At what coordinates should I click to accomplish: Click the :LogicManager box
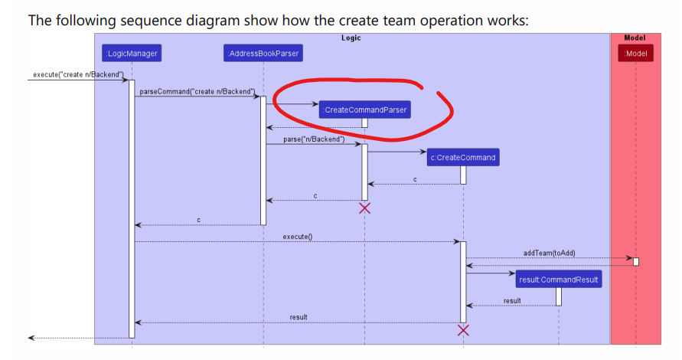pos(132,54)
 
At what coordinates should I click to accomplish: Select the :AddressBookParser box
pos(263,54)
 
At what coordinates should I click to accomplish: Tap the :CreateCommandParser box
pos(365,110)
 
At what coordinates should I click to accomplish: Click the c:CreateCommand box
pos(463,158)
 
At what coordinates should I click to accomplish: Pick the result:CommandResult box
pos(559,280)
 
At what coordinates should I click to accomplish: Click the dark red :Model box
pos(635,54)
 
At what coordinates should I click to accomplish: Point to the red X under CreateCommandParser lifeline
pos(365,208)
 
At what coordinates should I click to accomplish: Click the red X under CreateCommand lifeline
pos(463,330)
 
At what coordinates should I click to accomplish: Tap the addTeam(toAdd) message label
pos(549,253)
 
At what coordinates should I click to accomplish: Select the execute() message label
pos(298,237)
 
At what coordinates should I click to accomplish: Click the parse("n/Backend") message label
pos(314,139)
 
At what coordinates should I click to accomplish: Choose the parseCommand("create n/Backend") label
pos(197,92)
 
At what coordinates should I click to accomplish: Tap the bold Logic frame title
pos(351,38)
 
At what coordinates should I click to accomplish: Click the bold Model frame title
pos(635,38)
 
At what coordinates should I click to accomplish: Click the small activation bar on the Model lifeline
pos(635,262)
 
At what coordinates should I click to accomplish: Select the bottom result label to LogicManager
pos(299,317)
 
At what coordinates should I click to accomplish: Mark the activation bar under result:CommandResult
pos(559,296)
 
